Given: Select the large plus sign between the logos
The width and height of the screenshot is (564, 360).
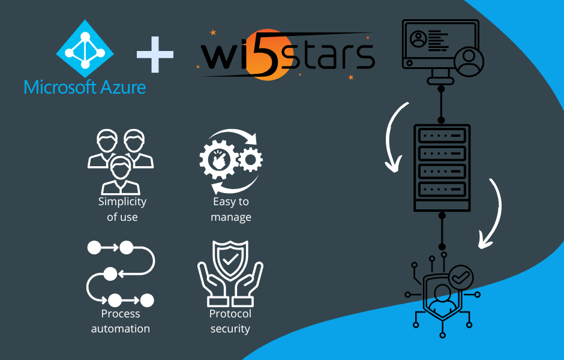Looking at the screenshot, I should [x=154, y=55].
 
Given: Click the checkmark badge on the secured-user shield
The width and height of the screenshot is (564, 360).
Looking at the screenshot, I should [x=461, y=277].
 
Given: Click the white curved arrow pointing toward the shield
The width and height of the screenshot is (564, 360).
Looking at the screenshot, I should [x=492, y=213].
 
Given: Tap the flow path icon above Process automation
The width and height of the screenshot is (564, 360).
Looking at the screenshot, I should [x=121, y=273].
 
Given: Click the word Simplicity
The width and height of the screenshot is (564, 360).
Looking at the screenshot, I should [x=122, y=202].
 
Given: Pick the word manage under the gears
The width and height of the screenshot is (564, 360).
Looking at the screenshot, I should [x=231, y=217].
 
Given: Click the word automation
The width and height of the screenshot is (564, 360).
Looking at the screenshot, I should [x=121, y=329].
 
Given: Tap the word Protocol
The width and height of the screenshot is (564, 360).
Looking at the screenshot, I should [x=230, y=313].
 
